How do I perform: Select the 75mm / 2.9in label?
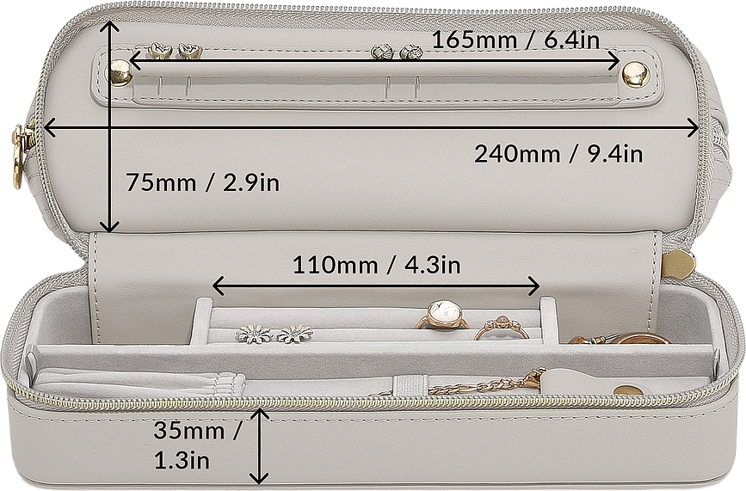coord(202,182)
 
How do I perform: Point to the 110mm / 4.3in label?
coord(376,265)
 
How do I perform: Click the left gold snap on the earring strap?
coord(120,74)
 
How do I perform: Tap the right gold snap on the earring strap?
coord(635,75)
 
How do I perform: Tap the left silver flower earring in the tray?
coord(254,334)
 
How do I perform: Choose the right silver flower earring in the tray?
coord(294,334)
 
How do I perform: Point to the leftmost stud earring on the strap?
coord(158,52)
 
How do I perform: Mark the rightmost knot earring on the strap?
coord(411,52)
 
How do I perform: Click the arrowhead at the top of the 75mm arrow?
coord(108,28)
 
